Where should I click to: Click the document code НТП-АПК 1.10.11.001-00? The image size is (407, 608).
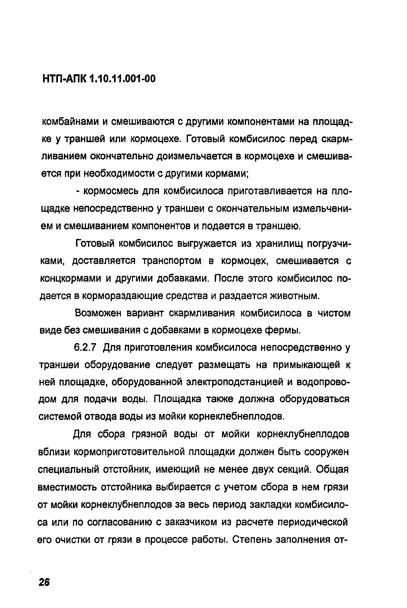[99, 78]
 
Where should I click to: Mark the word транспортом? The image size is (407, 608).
[172, 261]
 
